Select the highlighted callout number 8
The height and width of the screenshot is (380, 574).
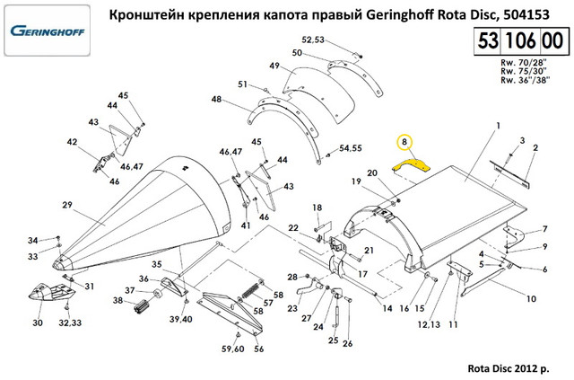[x=404, y=142]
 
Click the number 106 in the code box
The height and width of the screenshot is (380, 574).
[x=518, y=43]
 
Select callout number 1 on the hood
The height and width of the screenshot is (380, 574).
[x=495, y=126]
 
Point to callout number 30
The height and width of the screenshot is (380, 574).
[x=37, y=323]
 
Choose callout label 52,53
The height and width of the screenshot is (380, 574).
[x=312, y=40]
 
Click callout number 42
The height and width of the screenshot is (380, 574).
[x=72, y=141]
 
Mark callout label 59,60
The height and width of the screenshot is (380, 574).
[x=231, y=349]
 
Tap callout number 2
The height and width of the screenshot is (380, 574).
[x=535, y=147]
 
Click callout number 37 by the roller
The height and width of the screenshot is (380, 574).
[x=129, y=290]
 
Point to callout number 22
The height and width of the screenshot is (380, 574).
[x=293, y=228]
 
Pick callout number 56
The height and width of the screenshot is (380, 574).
[x=258, y=349]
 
